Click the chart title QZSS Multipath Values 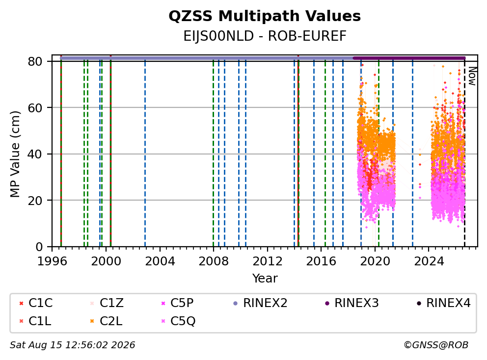click(265, 16)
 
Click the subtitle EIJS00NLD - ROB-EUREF click(265, 36)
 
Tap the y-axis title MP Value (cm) click(15, 154)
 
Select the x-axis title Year click(265, 279)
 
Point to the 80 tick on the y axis click(35, 61)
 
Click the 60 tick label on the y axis click(35, 108)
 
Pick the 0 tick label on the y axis click(39, 247)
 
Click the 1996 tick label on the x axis click(52, 261)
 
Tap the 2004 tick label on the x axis click(160, 261)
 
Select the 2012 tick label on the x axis click(268, 261)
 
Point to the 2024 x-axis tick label click(429, 261)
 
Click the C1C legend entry click(36, 303)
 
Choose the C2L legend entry click(106, 321)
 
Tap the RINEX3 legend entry click(352, 303)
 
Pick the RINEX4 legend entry click(443, 303)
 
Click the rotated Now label click(472, 76)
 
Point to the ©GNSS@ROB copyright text click(436, 345)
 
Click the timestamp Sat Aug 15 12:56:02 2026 click(72, 345)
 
